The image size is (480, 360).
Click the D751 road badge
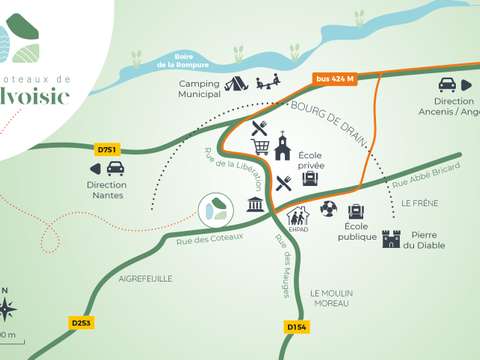click(107, 150)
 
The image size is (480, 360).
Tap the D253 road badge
click(81, 323)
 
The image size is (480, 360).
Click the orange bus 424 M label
click(334, 79)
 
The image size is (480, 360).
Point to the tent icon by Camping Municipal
click(236, 85)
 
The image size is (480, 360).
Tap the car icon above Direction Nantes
click(115, 169)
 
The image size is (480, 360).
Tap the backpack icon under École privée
click(309, 178)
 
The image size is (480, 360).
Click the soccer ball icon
click(328, 209)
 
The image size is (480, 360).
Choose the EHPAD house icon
click(298, 216)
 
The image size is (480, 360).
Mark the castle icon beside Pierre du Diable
click(391, 238)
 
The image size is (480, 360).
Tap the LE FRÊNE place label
click(419, 202)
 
